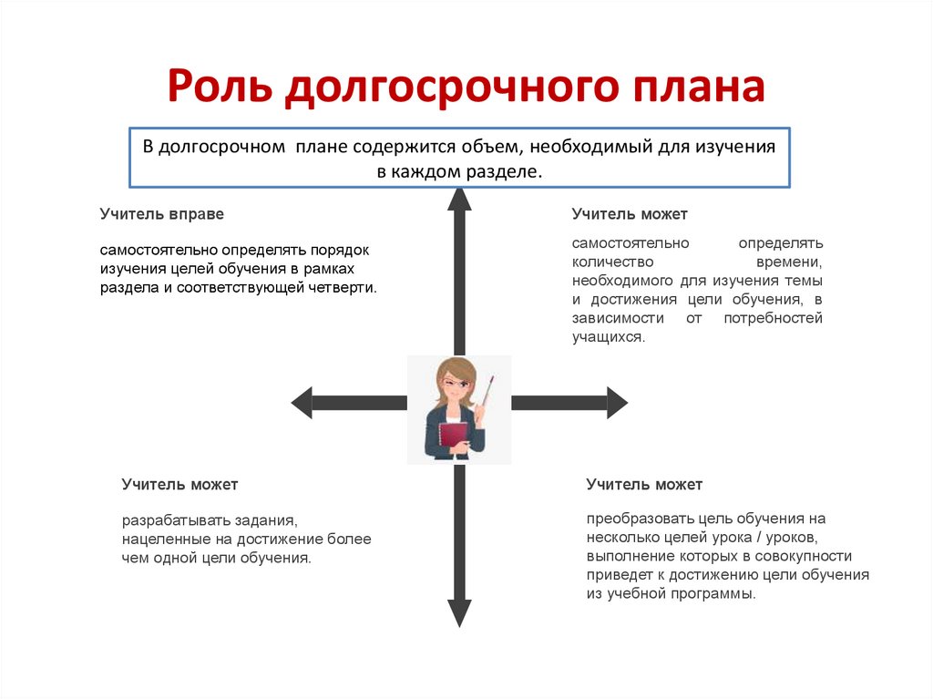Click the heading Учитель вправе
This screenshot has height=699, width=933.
point(162,214)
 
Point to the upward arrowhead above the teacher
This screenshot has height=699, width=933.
point(459,200)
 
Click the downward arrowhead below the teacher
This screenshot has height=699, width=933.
point(459,612)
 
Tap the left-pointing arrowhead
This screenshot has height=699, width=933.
point(302,402)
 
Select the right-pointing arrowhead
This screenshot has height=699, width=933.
point(617,402)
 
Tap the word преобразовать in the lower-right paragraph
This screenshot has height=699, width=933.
point(632,518)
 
